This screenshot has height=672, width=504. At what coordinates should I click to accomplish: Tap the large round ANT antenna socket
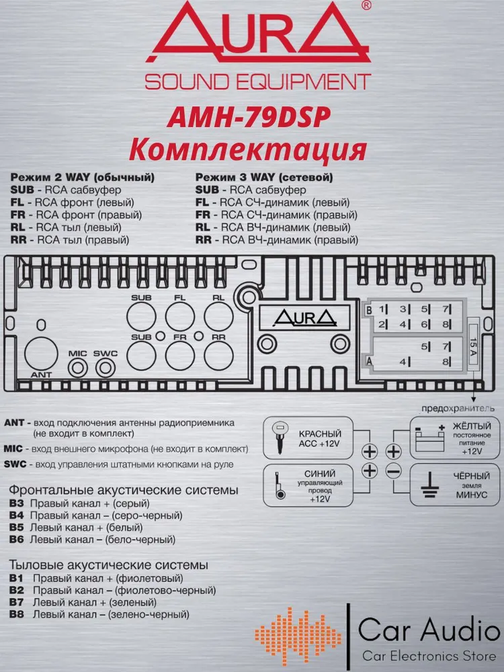40,353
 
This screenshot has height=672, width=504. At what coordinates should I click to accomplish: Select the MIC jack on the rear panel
78,368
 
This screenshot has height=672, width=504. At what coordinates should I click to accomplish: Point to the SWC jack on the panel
105,368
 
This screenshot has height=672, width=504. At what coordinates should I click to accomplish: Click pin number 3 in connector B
403,310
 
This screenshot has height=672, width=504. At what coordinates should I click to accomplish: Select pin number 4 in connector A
403,362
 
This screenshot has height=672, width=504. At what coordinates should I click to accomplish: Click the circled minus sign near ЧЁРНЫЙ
394,471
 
